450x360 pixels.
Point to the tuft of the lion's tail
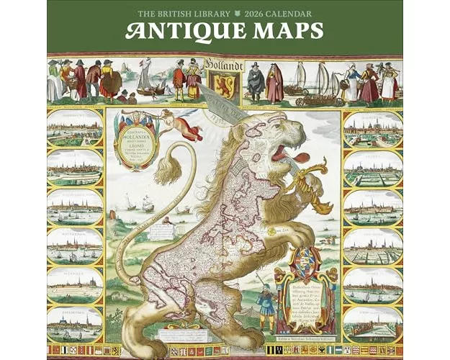166,168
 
